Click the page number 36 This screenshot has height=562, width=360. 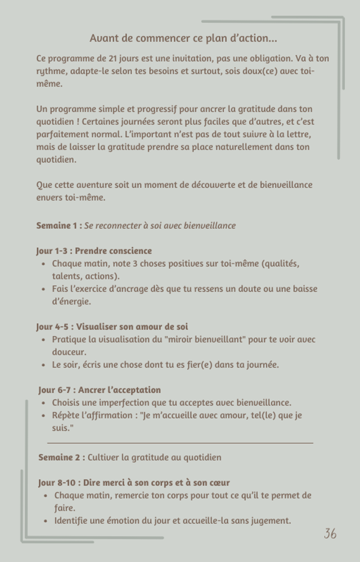coord(330,534)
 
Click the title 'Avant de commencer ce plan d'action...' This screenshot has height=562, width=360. coord(183,38)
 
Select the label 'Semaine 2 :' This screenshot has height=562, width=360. coord(62,457)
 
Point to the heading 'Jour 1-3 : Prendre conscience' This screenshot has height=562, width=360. coord(94,251)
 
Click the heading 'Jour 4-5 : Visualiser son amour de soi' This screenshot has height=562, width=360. coord(112,327)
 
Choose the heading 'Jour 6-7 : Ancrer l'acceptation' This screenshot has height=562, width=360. coord(100,390)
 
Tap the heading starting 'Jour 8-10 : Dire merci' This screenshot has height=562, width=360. coord(134,483)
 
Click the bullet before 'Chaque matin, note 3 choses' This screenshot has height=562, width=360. coord(44,264)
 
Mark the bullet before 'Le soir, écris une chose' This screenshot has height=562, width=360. coord(44,365)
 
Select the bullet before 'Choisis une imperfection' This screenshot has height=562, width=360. coord(44,403)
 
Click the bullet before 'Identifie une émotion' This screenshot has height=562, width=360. coord(46,521)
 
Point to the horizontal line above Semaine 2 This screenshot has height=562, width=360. coord(180,443)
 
